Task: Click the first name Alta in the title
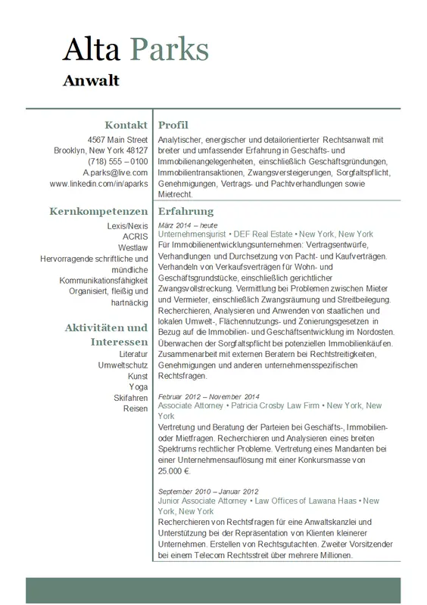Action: point(91,49)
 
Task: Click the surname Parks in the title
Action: point(170,49)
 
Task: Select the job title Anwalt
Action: point(91,80)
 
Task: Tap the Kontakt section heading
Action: point(126,125)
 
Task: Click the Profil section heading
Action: point(173,125)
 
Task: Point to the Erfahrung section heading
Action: point(186,211)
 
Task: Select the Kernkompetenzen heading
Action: point(98,211)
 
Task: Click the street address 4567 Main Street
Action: point(117,140)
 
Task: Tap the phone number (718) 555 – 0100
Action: point(117,162)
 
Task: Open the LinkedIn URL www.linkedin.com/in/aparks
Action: point(98,184)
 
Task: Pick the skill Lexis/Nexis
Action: point(128,226)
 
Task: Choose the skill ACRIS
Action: point(135,237)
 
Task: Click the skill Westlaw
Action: point(132,248)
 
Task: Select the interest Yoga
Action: point(138,386)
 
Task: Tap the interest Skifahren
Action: point(130,398)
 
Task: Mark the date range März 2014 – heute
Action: point(188,225)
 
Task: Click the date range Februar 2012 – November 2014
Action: point(209,396)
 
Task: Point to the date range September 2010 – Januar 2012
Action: point(208,491)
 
